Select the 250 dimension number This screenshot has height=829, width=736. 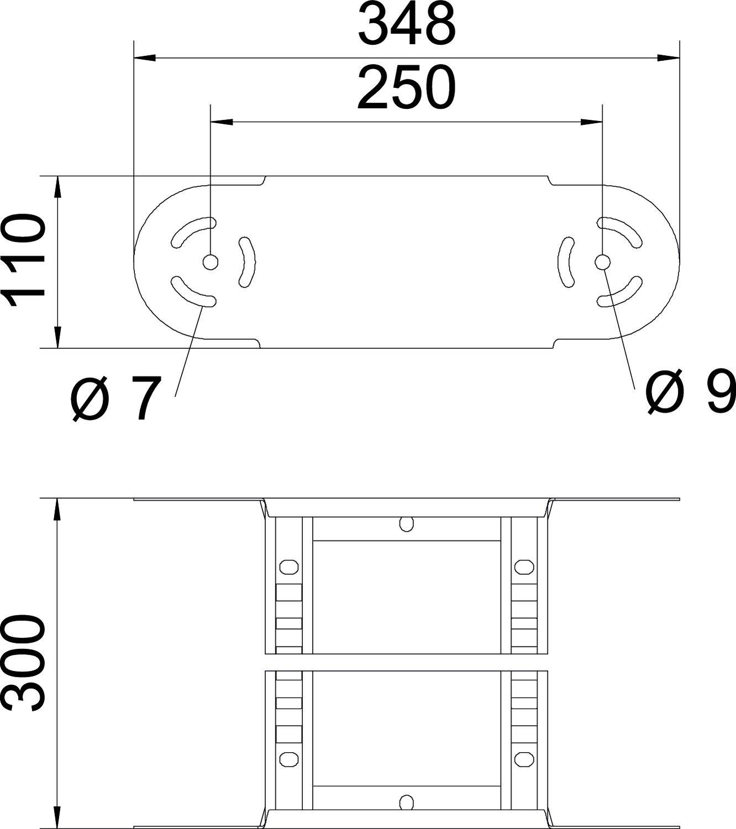coord(407,88)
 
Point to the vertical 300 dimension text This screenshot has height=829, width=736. coord(24,664)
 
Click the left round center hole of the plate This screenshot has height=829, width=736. coord(210,262)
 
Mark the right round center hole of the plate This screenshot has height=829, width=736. coord(602,262)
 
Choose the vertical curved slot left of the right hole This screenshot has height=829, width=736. coord(565,262)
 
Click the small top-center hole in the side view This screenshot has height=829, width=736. coord(406,523)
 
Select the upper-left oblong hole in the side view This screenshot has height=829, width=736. coord(288,566)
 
